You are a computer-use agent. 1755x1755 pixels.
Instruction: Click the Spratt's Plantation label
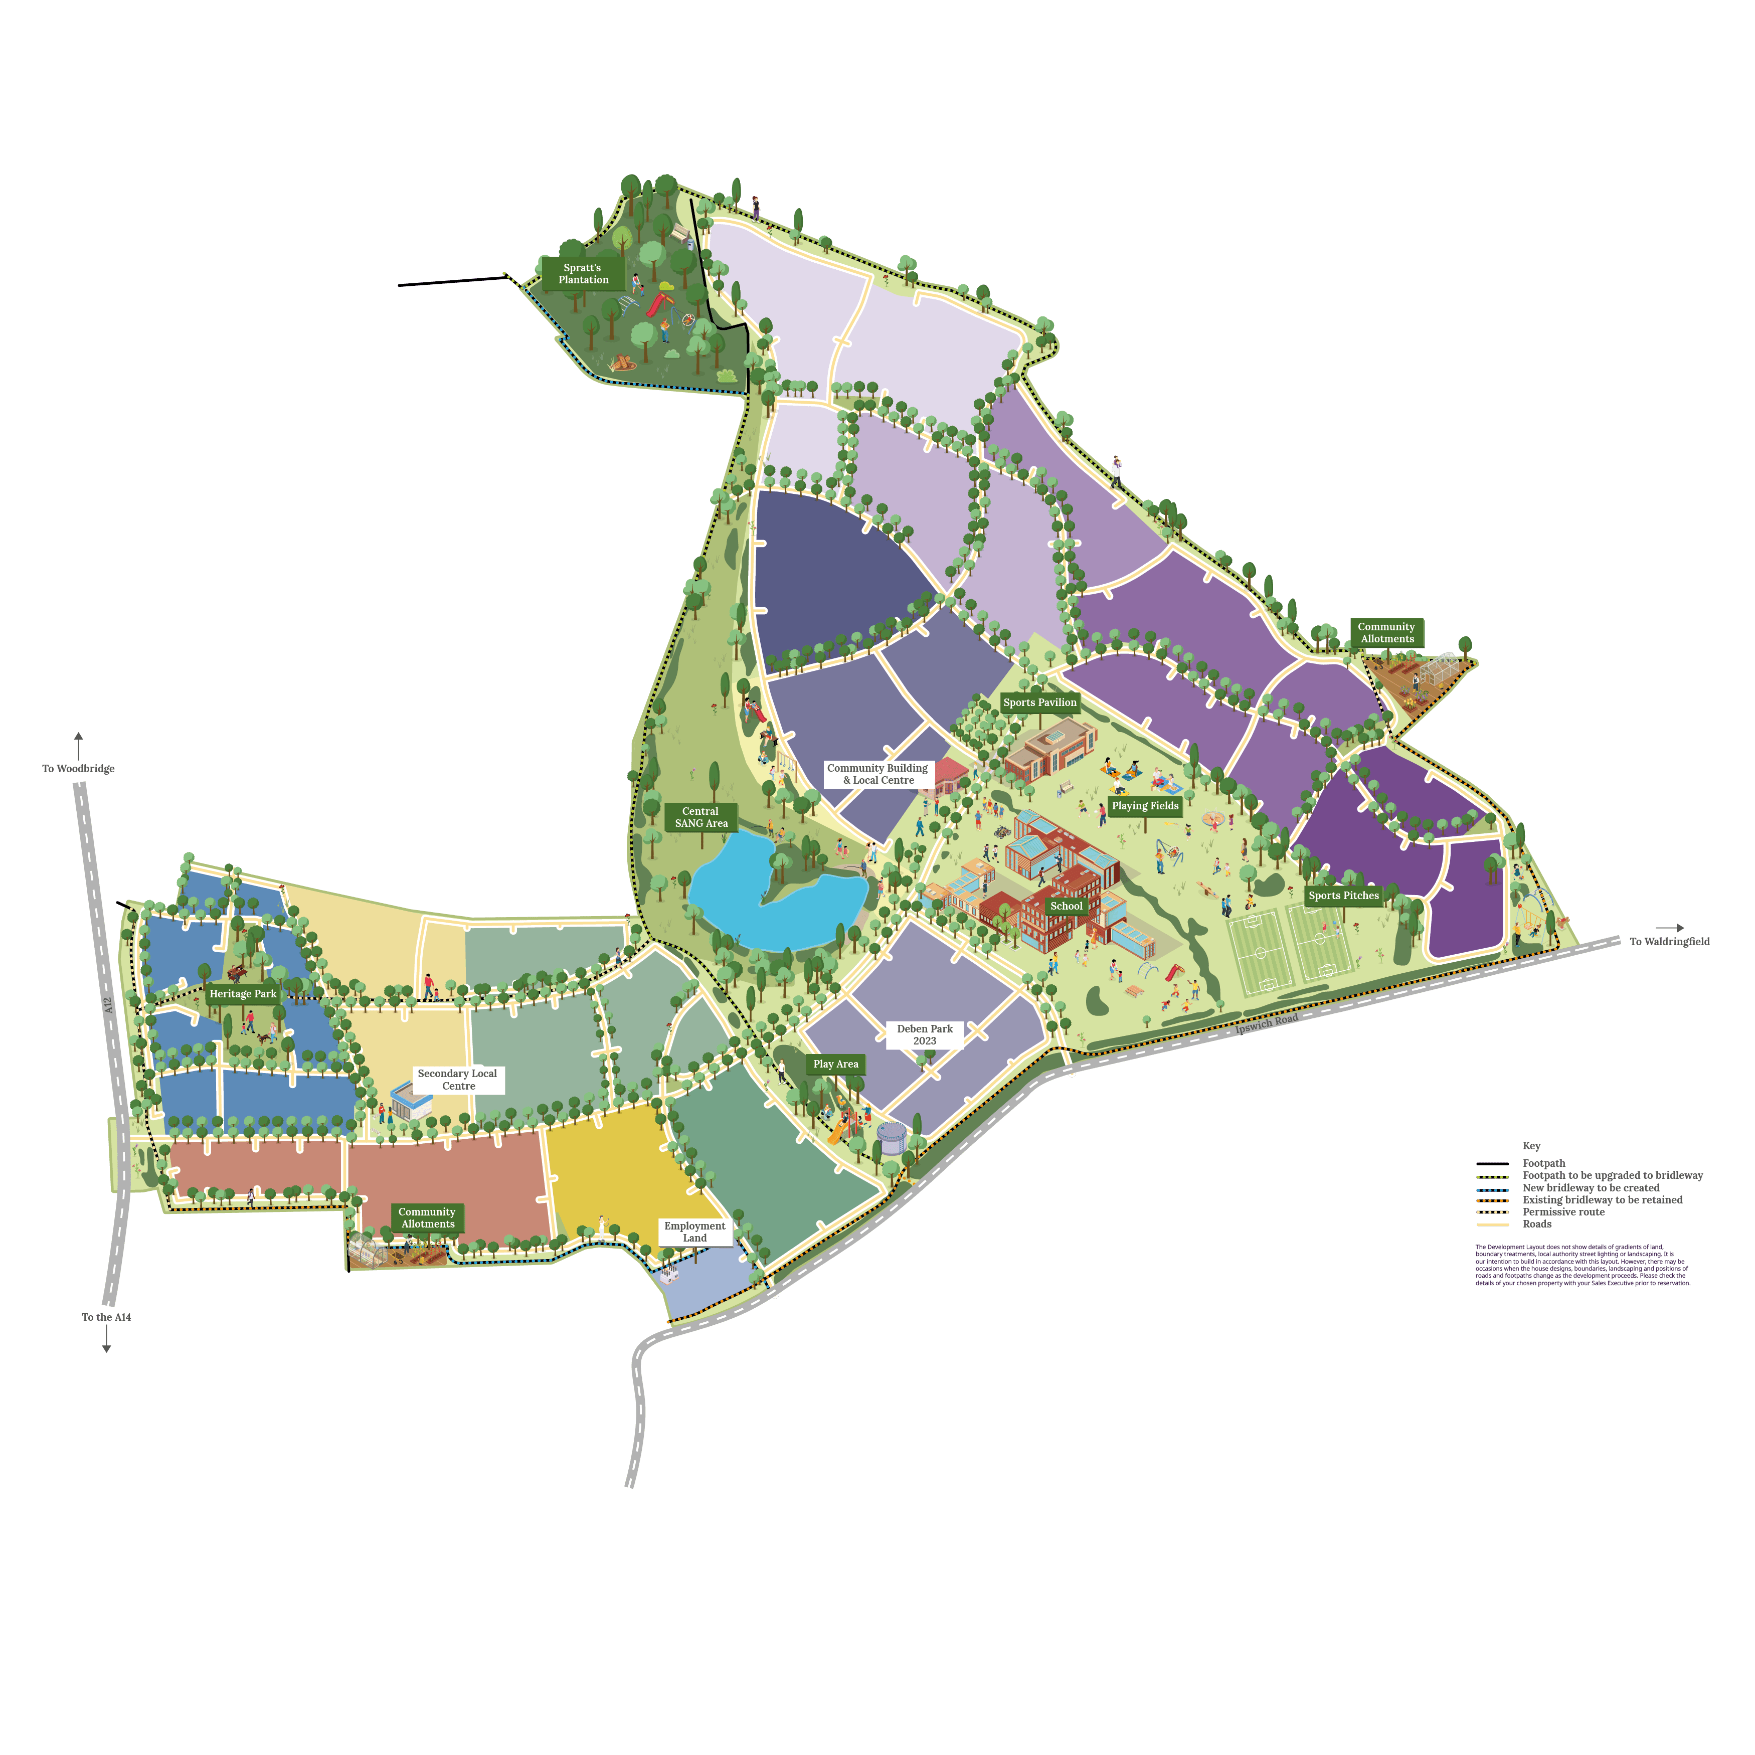pyautogui.click(x=583, y=273)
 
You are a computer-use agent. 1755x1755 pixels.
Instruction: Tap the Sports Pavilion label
pyautogui.click(x=1039, y=702)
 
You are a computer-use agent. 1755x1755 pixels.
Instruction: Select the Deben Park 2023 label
pyautogui.click(x=925, y=1034)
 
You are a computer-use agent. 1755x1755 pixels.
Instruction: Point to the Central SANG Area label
pyautogui.click(x=700, y=817)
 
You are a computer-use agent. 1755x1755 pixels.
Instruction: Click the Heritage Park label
pyautogui.click(x=243, y=994)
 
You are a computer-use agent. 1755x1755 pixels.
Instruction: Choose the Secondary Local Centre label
pyautogui.click(x=458, y=1079)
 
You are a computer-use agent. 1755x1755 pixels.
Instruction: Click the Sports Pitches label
pyautogui.click(x=1343, y=896)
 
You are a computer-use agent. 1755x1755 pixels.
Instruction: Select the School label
pyautogui.click(x=1066, y=906)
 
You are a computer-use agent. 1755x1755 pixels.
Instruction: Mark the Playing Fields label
pyautogui.click(x=1145, y=806)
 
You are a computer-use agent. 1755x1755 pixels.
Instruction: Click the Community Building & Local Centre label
pyautogui.click(x=877, y=774)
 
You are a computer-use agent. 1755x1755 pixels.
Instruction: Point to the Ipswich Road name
pyautogui.click(x=1267, y=1024)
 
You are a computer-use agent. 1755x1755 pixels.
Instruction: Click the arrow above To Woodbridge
pyautogui.click(x=78, y=746)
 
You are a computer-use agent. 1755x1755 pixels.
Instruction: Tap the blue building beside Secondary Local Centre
pyautogui.click(x=411, y=1102)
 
